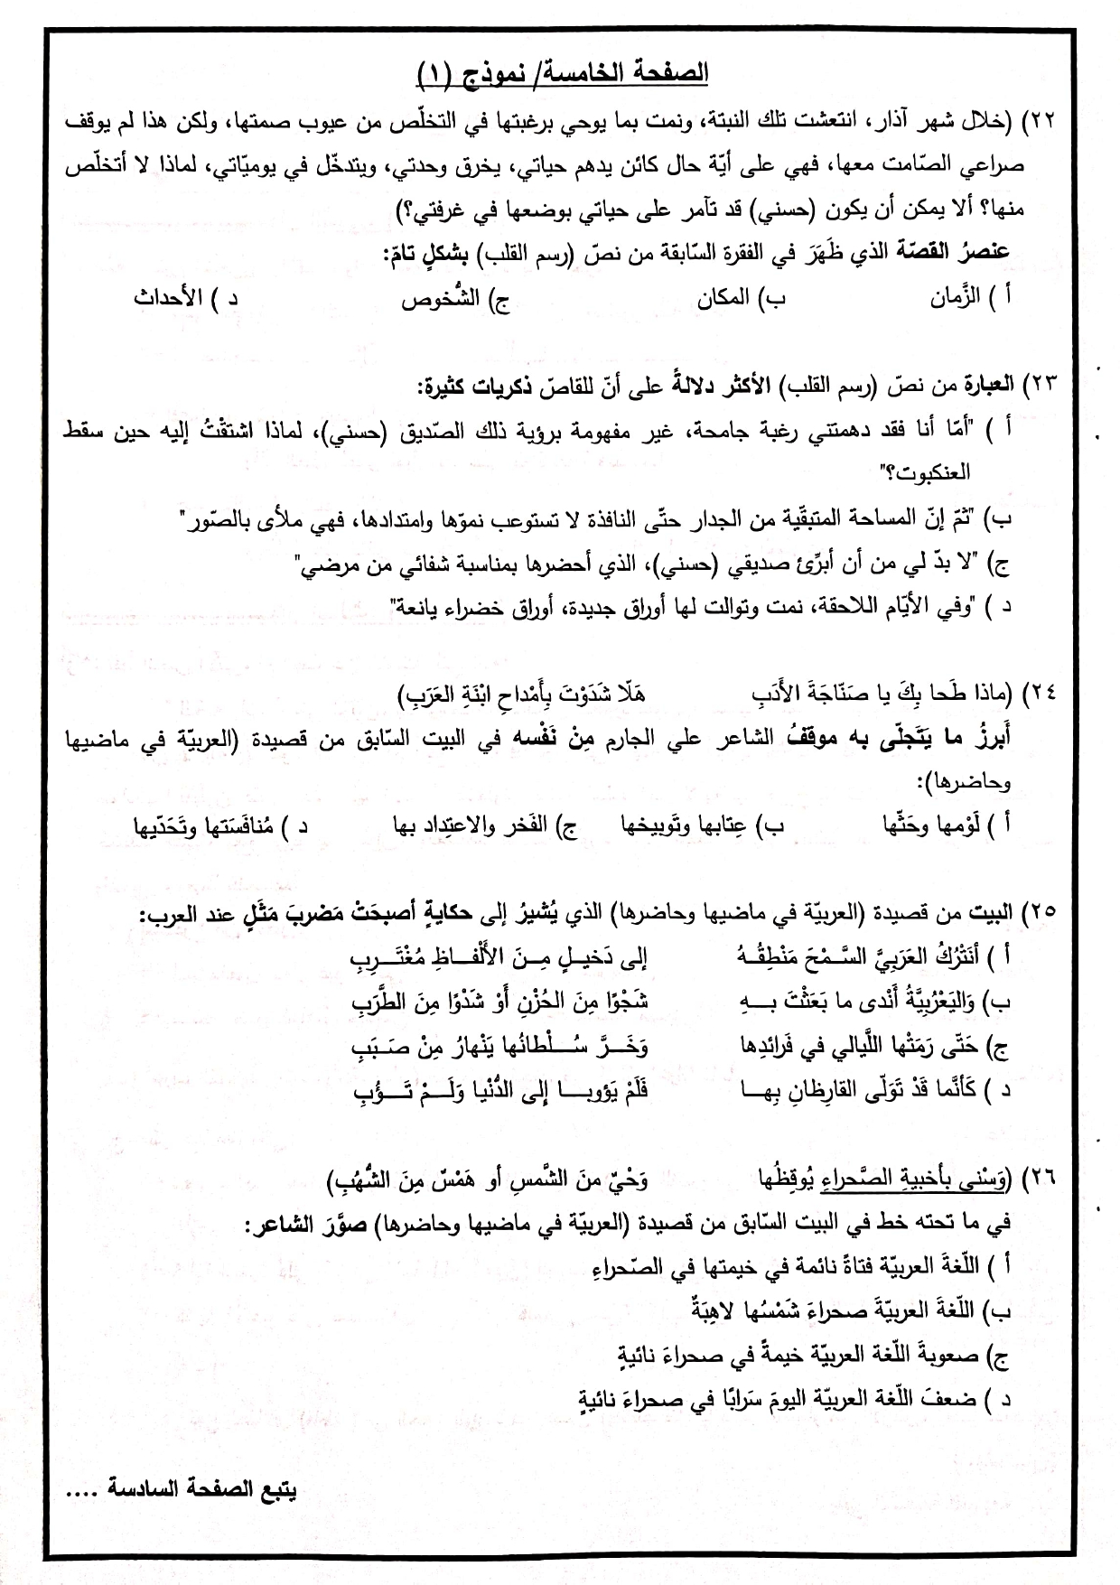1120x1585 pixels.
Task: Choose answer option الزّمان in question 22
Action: pyautogui.click(x=956, y=299)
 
